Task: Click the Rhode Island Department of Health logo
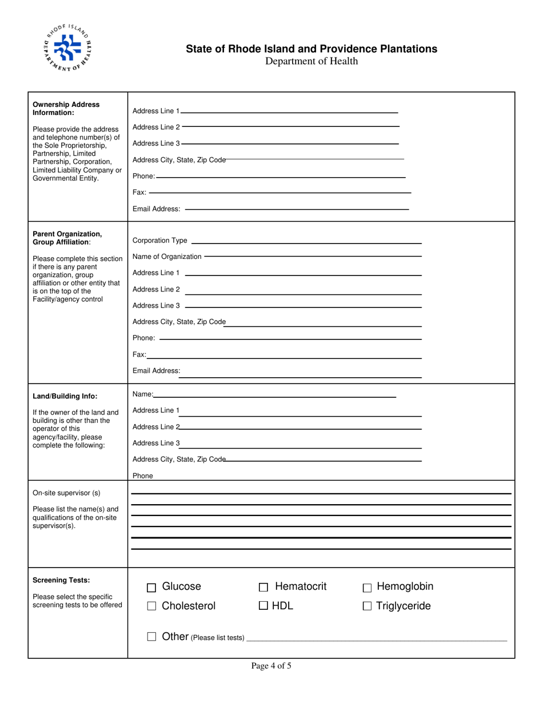67,48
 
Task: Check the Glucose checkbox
151,588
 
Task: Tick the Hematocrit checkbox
263,588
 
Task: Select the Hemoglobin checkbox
367,588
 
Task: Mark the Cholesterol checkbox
151,607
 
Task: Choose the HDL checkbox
263,606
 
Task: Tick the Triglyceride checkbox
367,607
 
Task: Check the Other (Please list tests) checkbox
151,636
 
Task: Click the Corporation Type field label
159,241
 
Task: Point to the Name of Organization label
167,257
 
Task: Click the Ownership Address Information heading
66,109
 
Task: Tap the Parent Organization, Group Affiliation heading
67,238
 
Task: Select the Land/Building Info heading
65,396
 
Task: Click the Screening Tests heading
61,580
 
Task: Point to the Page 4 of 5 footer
271,665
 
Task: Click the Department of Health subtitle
312,61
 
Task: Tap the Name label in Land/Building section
142,394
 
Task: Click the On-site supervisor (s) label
66,493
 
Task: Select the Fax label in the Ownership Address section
139,193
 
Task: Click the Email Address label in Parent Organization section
156,371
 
